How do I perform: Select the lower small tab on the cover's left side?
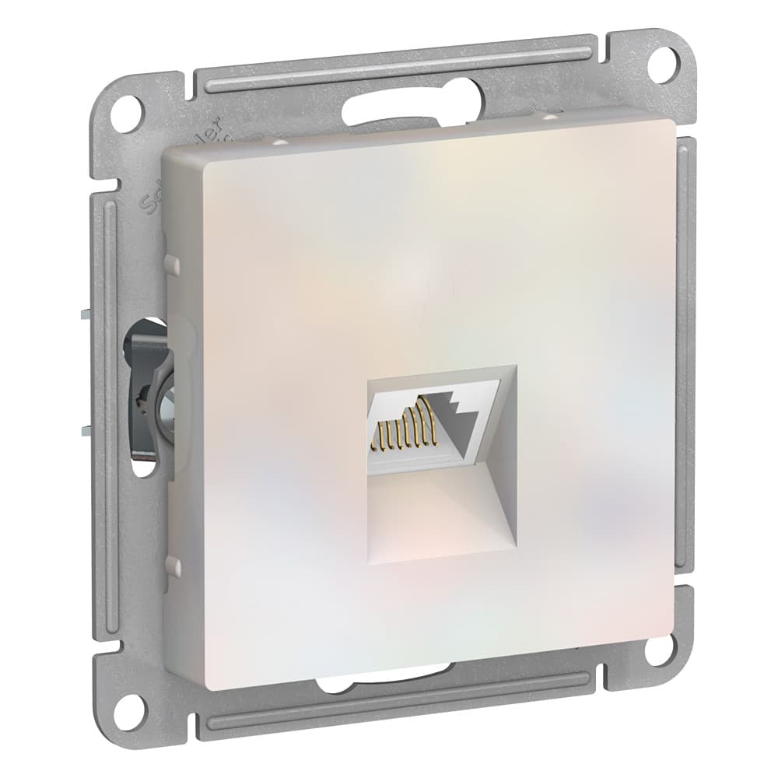(173, 566)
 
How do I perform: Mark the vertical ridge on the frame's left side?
(109, 405)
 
